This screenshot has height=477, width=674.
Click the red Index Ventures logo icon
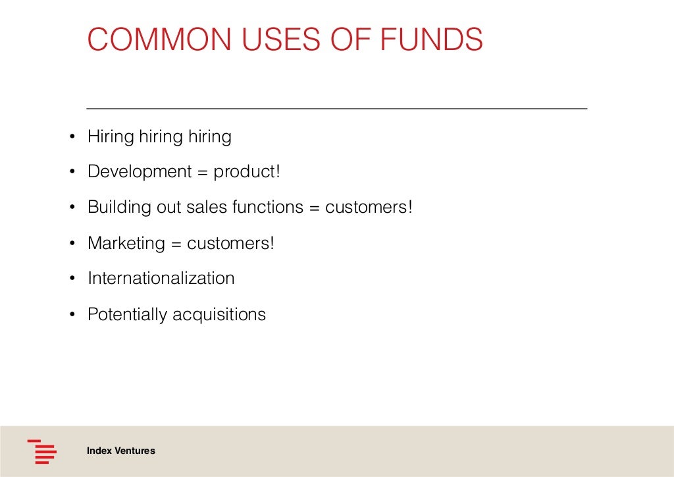(x=41, y=451)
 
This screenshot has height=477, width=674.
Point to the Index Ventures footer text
(x=121, y=451)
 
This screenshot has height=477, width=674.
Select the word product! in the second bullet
(x=247, y=172)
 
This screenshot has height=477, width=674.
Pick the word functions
(x=267, y=208)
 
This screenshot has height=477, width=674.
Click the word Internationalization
(x=161, y=278)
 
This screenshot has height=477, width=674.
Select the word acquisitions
(x=219, y=314)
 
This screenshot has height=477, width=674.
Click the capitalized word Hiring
(x=111, y=136)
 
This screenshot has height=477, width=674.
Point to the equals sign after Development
(x=202, y=173)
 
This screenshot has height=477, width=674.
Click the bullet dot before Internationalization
(x=72, y=279)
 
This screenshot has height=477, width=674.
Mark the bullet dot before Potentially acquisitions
(x=72, y=314)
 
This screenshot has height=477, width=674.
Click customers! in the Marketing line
(x=230, y=243)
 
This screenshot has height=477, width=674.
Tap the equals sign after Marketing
(x=176, y=244)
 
